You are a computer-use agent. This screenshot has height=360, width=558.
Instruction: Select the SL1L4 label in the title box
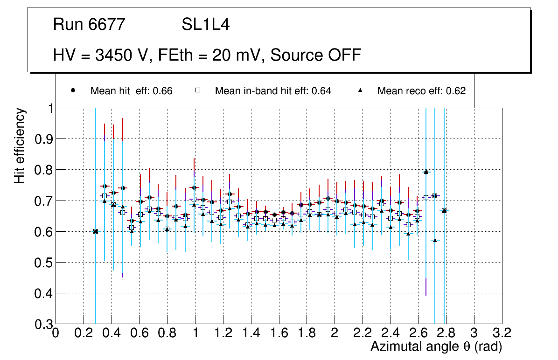point(205,25)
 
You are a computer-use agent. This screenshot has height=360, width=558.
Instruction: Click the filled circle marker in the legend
point(73,90)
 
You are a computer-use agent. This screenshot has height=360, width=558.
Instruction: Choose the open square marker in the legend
point(198,90)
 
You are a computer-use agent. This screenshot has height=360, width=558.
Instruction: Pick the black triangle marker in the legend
point(360,90)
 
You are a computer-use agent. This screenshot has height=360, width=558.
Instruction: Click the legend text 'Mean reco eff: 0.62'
point(421,91)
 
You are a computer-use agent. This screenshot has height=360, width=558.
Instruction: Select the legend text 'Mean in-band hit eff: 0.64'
point(273,91)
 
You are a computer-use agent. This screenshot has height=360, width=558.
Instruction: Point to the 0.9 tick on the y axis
point(42,139)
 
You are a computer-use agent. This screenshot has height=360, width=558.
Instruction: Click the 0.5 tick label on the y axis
point(42,263)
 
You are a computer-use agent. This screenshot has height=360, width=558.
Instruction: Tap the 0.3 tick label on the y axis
point(42,324)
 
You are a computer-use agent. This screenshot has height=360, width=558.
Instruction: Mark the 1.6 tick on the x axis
point(279,333)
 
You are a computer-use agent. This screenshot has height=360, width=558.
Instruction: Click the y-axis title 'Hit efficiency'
point(20,146)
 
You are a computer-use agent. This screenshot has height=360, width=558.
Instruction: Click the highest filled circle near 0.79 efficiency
point(425,172)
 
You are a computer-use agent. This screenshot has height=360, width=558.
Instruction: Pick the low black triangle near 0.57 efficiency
point(435,240)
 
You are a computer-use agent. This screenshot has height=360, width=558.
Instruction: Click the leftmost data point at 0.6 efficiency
point(96,231)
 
